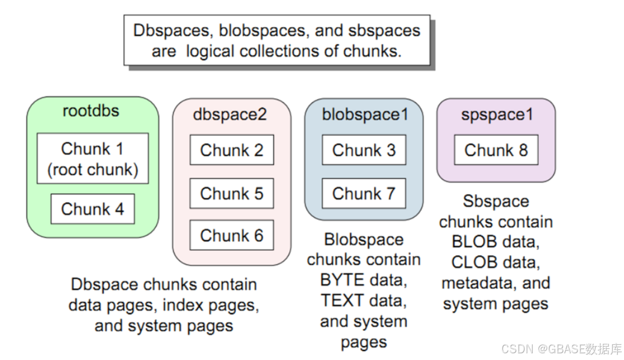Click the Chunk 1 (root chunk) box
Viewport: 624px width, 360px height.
[92, 158]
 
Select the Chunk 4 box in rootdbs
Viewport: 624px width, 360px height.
[92, 209]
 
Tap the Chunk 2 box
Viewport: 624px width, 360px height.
[231, 150]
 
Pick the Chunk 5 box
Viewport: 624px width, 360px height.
[231, 193]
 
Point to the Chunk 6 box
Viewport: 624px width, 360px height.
[231, 235]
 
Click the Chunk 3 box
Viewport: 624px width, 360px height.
[364, 150]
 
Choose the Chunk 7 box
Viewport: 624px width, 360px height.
[364, 193]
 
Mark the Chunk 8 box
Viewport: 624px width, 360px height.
[496, 150]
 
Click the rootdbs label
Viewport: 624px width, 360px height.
[91, 110]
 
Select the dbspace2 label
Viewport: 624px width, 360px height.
[230, 114]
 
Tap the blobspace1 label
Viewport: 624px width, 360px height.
[365, 114]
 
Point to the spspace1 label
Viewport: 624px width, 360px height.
[497, 114]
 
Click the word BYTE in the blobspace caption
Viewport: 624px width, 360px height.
[342, 280]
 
